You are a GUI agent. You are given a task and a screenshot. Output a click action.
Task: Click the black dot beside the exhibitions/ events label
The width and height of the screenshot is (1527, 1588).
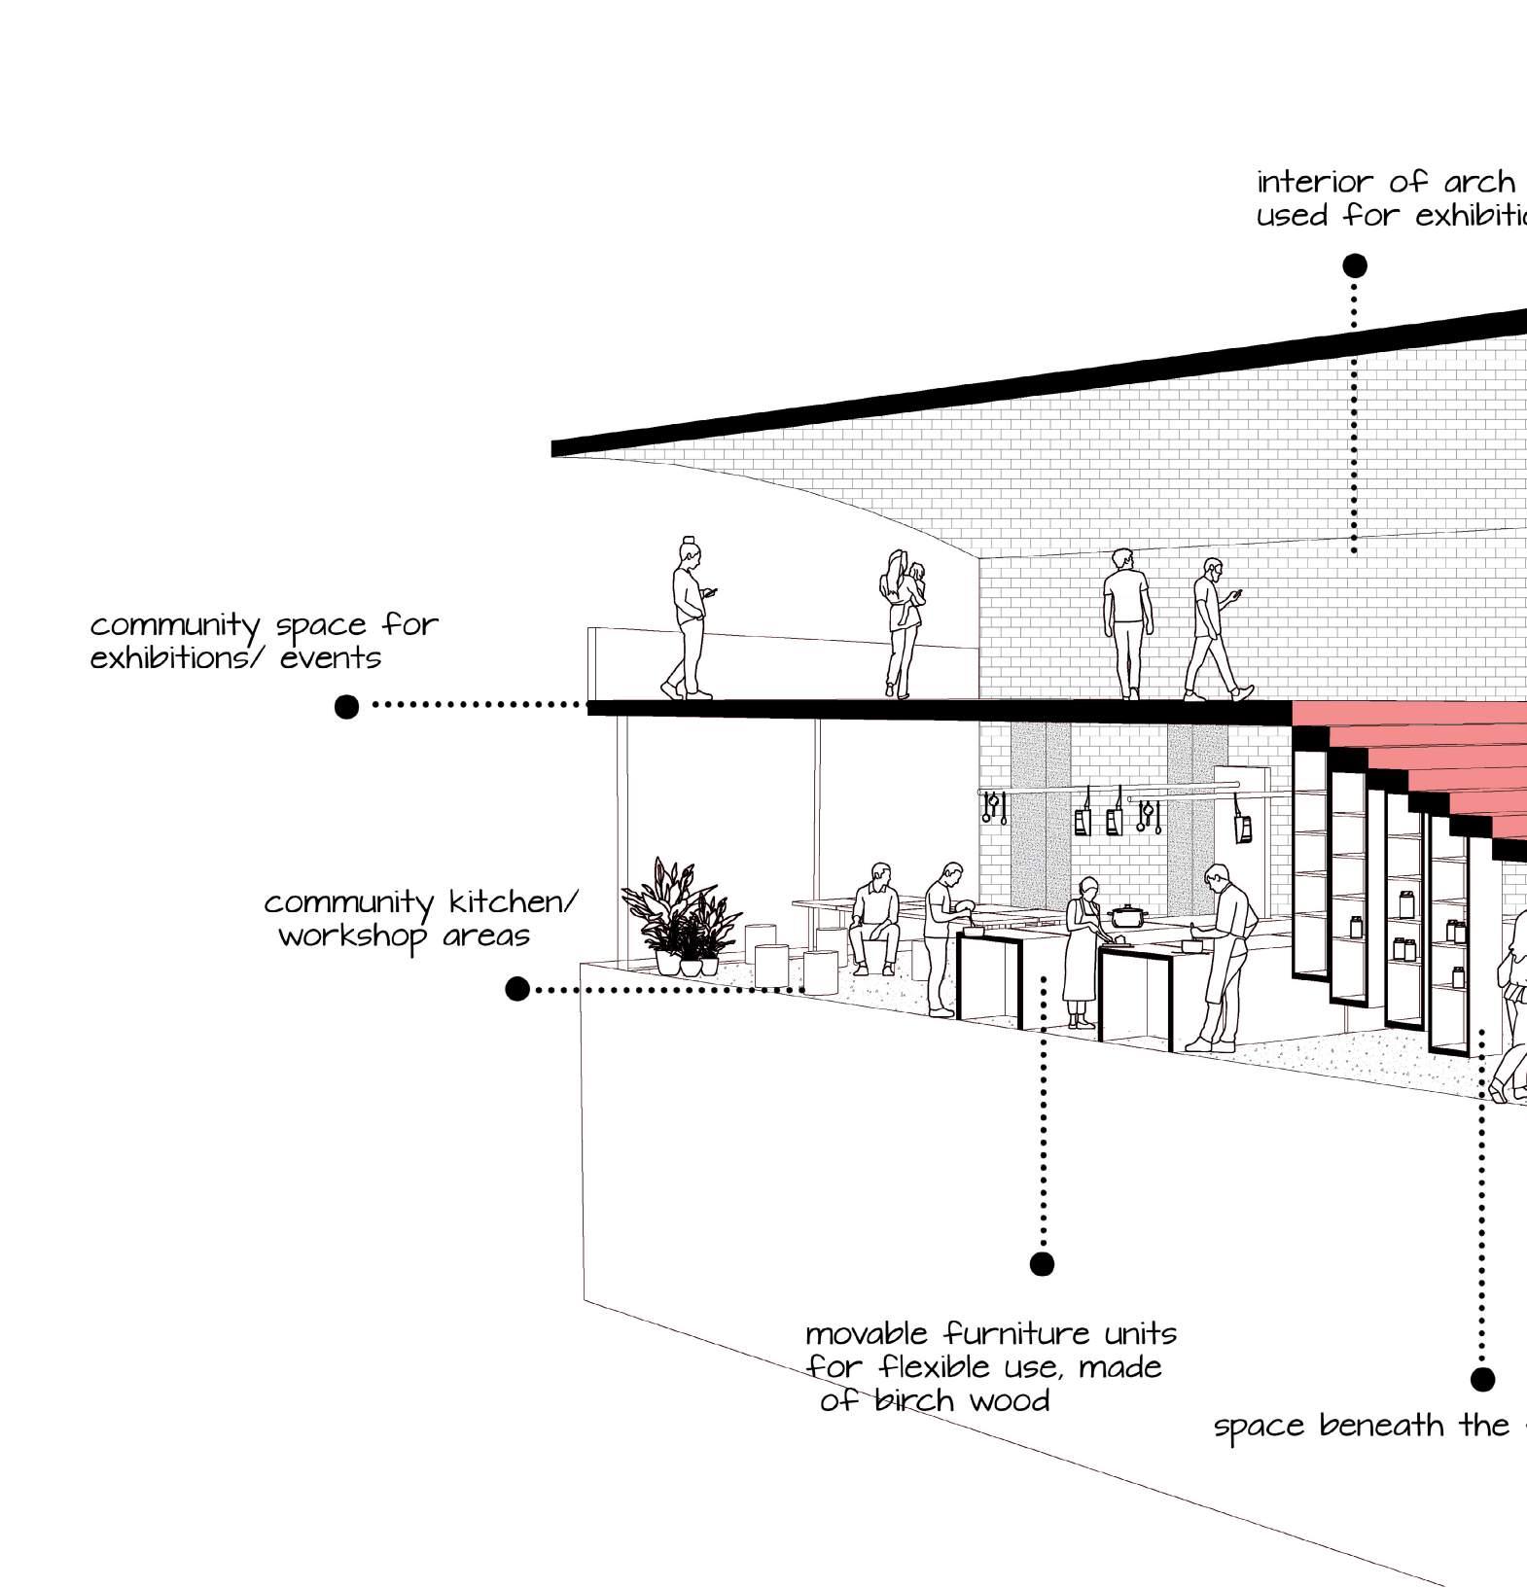click(x=346, y=706)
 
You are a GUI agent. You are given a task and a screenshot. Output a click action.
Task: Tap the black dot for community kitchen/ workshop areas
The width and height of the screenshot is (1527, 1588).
click(x=517, y=989)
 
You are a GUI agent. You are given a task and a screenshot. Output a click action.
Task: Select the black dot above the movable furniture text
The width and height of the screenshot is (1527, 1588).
click(x=1042, y=1263)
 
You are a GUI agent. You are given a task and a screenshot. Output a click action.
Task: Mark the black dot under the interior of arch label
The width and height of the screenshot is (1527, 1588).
click(x=1354, y=265)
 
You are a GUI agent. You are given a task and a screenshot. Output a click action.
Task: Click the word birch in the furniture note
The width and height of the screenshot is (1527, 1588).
click(x=913, y=1401)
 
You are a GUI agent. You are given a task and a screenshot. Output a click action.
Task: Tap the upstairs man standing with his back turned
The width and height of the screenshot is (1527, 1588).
click(x=1126, y=622)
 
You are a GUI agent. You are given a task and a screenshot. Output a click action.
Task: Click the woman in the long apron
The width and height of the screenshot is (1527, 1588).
click(x=1082, y=953)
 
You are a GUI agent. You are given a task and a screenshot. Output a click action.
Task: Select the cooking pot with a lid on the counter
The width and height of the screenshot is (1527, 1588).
click(x=1127, y=915)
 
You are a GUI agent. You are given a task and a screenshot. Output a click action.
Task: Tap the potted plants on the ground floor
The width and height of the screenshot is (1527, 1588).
click(x=681, y=919)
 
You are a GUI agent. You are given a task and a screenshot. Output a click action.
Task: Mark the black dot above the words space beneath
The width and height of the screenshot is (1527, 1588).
click(x=1481, y=1379)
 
